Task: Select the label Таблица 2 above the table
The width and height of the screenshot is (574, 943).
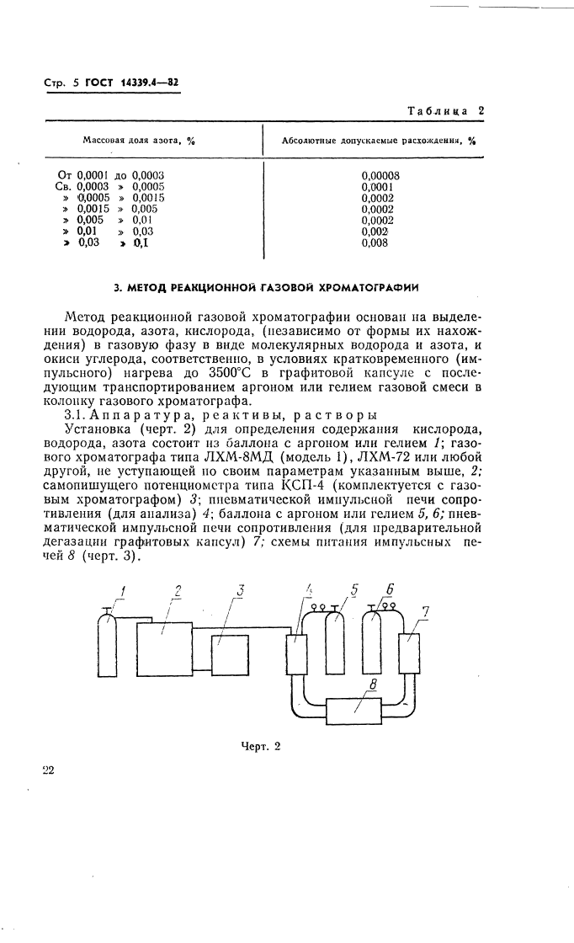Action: tap(445, 110)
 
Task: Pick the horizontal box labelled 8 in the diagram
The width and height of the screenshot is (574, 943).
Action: tap(353, 709)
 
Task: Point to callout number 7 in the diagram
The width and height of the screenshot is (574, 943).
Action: tap(426, 613)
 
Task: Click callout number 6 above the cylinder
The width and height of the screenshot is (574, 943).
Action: tap(388, 589)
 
